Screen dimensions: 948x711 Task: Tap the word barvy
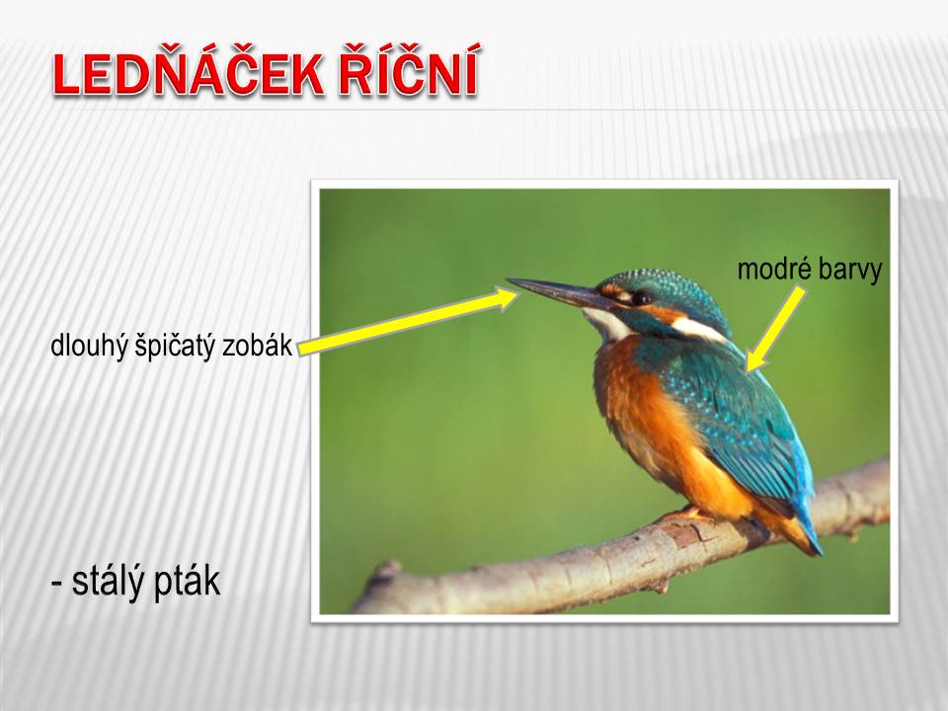click(x=850, y=271)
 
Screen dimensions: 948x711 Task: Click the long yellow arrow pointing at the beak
click(x=409, y=321)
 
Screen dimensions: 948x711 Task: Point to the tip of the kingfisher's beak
click(x=508, y=279)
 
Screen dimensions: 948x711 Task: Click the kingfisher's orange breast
click(x=641, y=411)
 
